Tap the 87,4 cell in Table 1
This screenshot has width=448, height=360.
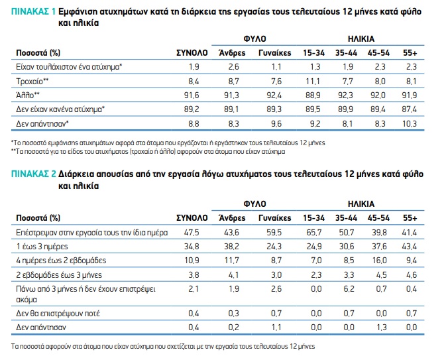[410, 109]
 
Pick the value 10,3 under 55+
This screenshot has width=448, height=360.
[410, 123]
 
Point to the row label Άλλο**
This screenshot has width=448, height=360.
[27, 95]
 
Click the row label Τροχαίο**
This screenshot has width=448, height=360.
[31, 81]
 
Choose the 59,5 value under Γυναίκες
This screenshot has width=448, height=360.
[274, 233]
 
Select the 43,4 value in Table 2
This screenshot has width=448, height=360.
[410, 247]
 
